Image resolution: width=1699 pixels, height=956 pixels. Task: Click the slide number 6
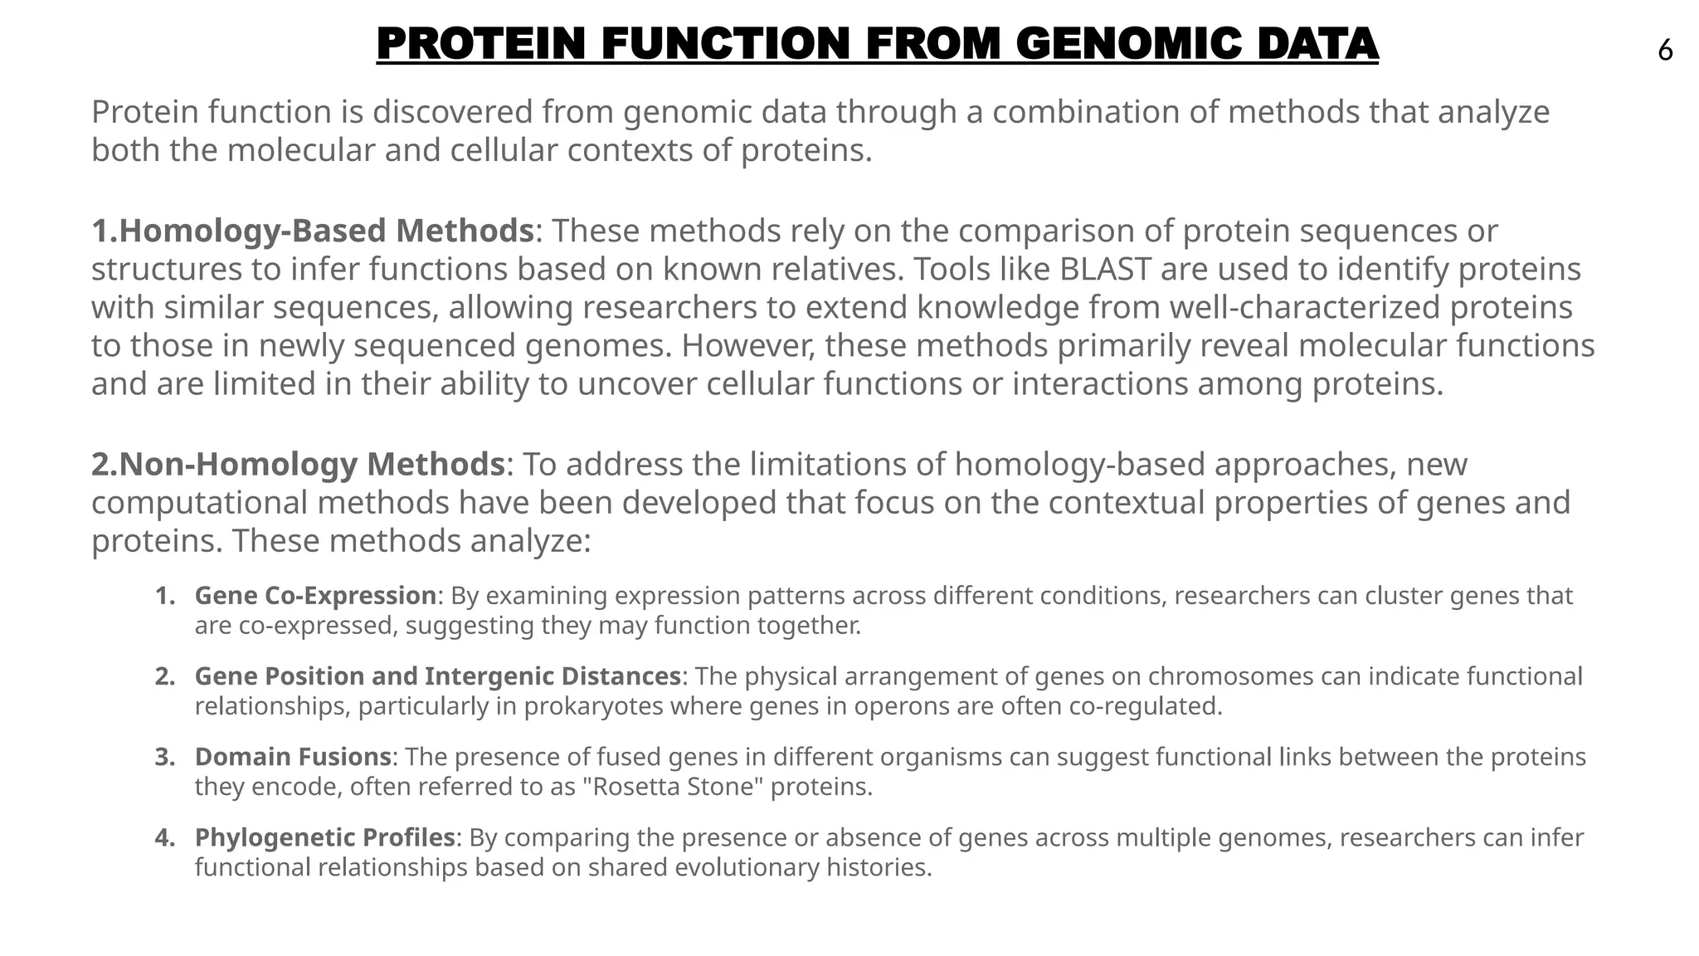(x=1665, y=51)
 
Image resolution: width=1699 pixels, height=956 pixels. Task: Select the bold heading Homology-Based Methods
(x=326, y=231)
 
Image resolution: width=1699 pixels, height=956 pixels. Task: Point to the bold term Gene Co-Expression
(x=315, y=596)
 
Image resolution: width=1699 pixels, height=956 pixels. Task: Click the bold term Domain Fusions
(x=293, y=757)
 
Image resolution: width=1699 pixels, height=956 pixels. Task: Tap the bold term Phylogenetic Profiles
(x=325, y=837)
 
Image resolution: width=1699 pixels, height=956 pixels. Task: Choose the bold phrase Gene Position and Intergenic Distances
(x=437, y=676)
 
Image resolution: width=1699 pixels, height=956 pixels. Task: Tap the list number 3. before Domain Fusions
(x=165, y=757)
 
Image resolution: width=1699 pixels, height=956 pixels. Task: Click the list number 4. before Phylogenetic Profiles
(x=165, y=837)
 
